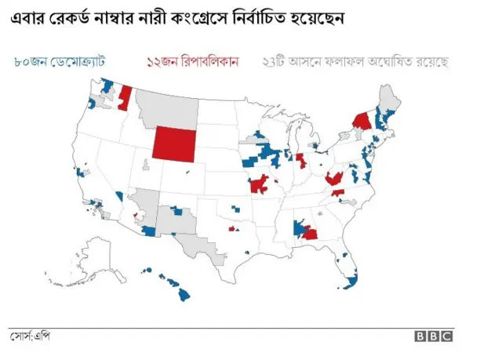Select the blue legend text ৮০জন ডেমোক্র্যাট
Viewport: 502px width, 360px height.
59,61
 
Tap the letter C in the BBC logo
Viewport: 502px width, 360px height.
446,336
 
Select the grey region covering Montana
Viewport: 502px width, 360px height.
166,104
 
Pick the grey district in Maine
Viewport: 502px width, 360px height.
388,98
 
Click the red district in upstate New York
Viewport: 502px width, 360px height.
362,122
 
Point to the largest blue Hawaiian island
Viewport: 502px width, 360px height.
184,295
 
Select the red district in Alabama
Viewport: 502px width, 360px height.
310,233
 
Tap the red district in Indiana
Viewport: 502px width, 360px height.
300,161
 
